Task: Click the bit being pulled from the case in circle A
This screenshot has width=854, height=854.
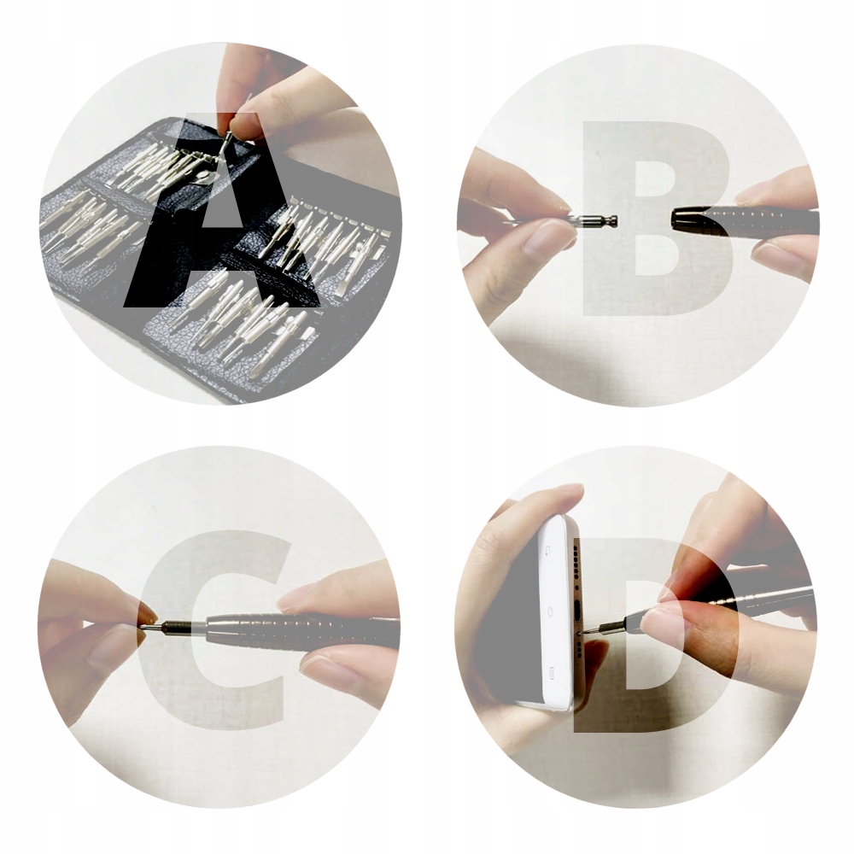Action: click(228, 139)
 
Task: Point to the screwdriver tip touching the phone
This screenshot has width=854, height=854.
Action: click(586, 631)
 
